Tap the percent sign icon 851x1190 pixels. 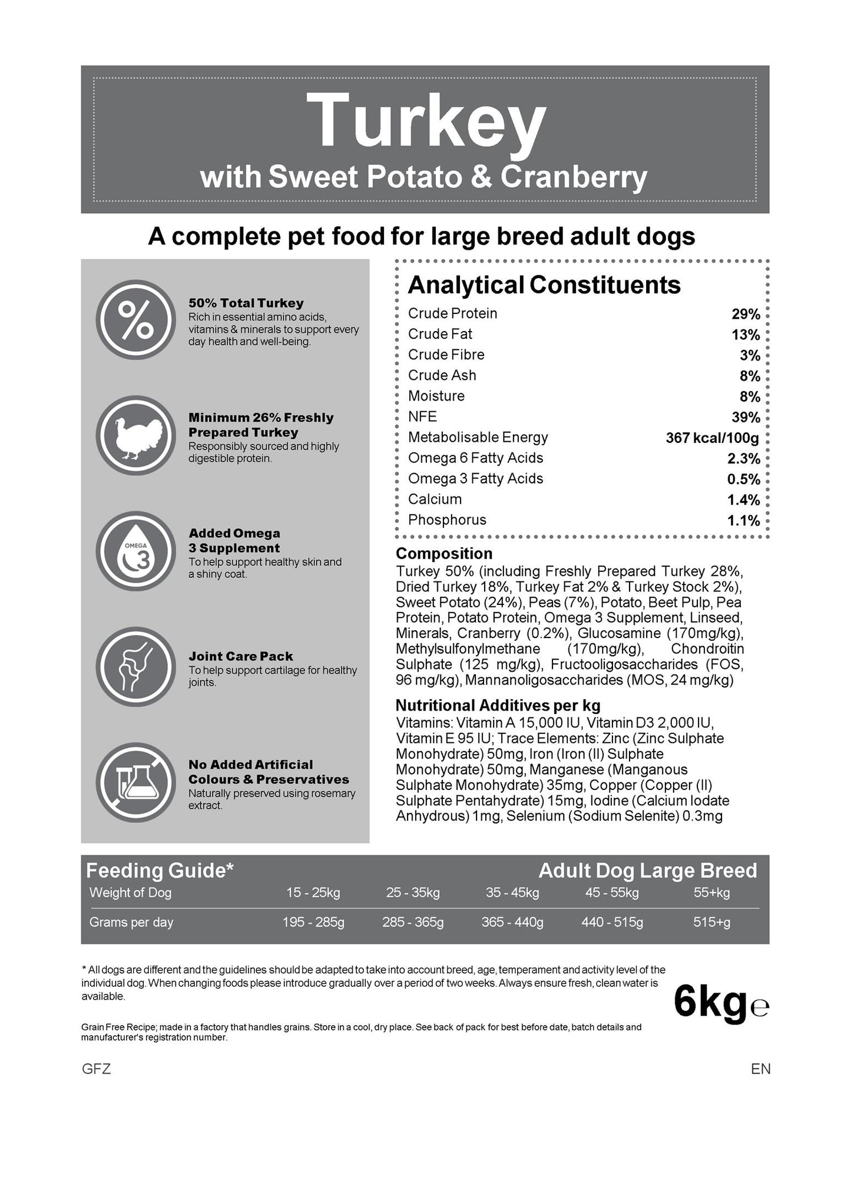click(x=136, y=320)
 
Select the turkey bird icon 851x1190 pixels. click(x=136, y=436)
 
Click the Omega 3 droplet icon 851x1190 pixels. click(x=136, y=551)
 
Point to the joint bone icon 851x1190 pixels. click(x=136, y=667)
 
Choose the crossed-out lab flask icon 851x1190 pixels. click(x=136, y=782)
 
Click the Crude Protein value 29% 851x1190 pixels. click(x=746, y=314)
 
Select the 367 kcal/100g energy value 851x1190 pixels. click(x=712, y=438)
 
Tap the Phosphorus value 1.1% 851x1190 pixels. click(x=743, y=520)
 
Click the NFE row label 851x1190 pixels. click(x=422, y=416)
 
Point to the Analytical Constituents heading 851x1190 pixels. click(x=544, y=285)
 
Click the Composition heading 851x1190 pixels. click(x=444, y=554)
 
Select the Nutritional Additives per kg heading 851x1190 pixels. click(x=498, y=705)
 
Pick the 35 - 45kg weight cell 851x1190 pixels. click(x=512, y=892)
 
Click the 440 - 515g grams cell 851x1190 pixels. click(x=612, y=922)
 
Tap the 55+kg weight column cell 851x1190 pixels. click(x=711, y=892)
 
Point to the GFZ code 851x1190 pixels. click(x=96, y=1069)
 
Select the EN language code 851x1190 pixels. click(x=760, y=1069)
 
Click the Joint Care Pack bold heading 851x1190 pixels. click(x=240, y=656)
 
